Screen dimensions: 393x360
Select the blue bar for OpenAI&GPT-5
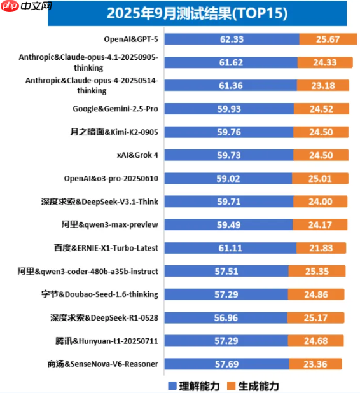pos(232,39)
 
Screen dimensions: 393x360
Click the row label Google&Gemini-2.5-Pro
pos(115,109)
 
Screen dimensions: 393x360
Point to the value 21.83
pos(322,248)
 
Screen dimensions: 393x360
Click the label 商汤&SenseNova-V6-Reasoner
pos(102,364)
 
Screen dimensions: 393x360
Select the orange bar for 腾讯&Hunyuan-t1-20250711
pos(323,341)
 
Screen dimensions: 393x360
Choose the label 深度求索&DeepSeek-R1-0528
pos(104,317)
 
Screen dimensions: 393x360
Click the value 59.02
pos(228,179)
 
